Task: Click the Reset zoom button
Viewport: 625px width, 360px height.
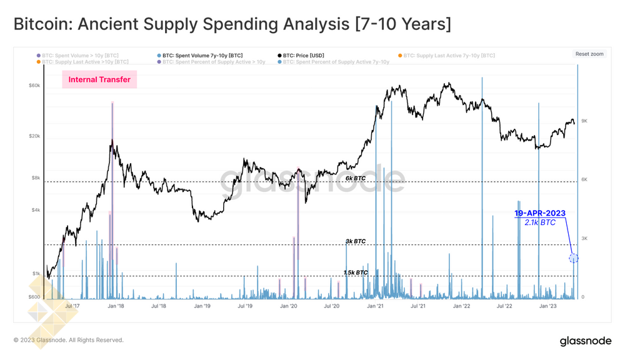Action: (589, 54)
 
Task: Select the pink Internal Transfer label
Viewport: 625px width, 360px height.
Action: (99, 79)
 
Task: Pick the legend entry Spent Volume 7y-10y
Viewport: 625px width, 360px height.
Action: (202, 56)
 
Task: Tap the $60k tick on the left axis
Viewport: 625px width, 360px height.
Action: (35, 86)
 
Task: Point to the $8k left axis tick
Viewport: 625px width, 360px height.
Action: (36, 178)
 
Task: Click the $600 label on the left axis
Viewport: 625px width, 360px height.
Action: (34, 297)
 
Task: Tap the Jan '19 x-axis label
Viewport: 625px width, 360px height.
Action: (202, 306)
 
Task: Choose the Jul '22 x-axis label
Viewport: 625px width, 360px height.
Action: (504, 306)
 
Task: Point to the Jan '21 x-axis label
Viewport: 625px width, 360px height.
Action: (375, 306)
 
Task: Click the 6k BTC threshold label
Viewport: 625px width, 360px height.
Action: (356, 178)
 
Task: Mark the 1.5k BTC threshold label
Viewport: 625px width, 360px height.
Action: (356, 272)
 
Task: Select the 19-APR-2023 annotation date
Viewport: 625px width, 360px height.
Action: (540, 213)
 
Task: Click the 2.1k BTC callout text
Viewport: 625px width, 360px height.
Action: (540, 222)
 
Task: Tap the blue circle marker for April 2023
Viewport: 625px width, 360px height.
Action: (574, 258)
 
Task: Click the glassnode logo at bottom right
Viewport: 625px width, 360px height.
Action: (586, 341)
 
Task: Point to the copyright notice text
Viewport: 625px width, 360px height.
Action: (69, 340)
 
